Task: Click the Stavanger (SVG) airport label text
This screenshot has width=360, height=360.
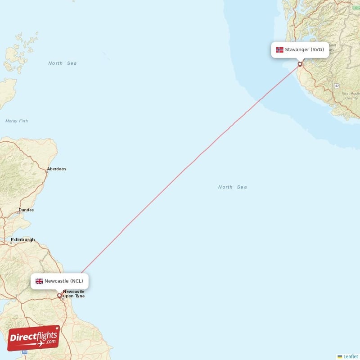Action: tap(304, 49)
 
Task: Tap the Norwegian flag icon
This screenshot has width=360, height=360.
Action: tap(279, 49)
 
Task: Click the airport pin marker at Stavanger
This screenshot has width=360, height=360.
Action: tap(300, 64)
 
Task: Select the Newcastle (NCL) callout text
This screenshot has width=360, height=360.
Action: tap(63, 281)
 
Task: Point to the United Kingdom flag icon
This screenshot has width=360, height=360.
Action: tap(39, 281)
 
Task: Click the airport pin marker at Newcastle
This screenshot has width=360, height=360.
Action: tap(59, 296)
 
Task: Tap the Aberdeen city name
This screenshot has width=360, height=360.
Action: tap(56, 169)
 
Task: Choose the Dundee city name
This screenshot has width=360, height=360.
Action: tap(26, 210)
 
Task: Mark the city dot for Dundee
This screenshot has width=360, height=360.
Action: tap(19, 212)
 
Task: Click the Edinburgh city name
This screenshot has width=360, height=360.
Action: tap(23, 240)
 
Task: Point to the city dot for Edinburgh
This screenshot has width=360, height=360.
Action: tap(11, 243)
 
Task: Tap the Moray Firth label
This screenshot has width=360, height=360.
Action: tap(17, 121)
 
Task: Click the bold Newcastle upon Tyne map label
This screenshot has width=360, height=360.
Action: tap(74, 294)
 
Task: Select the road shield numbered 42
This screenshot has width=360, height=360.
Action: tap(336, 85)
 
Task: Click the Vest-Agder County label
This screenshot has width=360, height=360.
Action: tap(350, 96)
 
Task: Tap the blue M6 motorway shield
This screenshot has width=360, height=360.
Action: tap(25, 352)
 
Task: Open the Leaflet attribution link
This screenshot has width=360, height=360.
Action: tap(351, 356)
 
